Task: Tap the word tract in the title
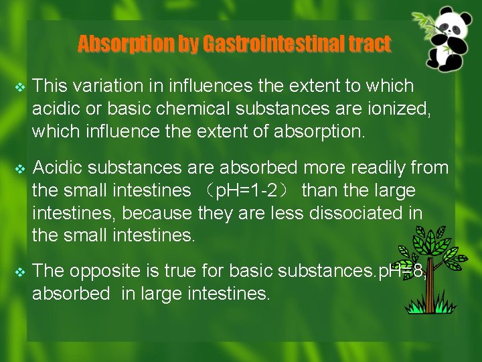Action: click(x=370, y=44)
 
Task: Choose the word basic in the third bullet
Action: click(x=255, y=271)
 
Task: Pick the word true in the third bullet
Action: click(x=183, y=271)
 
